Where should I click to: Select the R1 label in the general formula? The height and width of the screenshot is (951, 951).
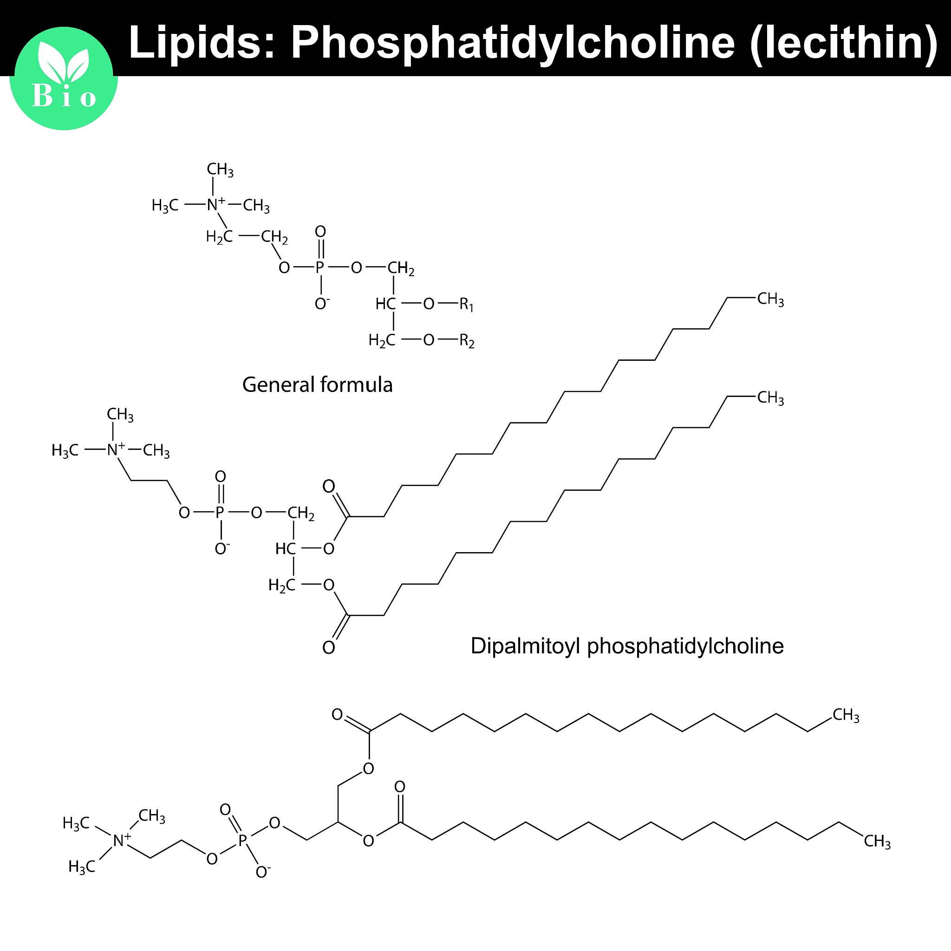pyautogui.click(x=466, y=305)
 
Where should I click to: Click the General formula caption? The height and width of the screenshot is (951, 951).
pyautogui.click(x=318, y=384)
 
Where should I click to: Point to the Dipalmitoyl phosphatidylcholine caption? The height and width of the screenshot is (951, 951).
pyautogui.click(x=627, y=646)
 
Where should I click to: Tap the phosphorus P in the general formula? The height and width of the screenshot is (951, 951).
pyautogui.click(x=320, y=268)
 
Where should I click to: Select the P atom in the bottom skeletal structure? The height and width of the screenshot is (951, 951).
pyautogui.click(x=242, y=840)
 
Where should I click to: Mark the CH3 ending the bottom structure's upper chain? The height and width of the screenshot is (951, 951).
pyautogui.click(x=846, y=715)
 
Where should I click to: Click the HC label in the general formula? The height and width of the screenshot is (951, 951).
pyautogui.click(x=385, y=304)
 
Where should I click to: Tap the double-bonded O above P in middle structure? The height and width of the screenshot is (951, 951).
pyautogui.click(x=221, y=476)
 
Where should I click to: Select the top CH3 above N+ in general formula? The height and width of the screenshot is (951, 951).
pyautogui.click(x=220, y=170)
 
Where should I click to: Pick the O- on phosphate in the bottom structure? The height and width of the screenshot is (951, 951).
pyautogui.click(x=263, y=872)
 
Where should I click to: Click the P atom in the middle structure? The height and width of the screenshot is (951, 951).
pyautogui.click(x=220, y=513)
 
